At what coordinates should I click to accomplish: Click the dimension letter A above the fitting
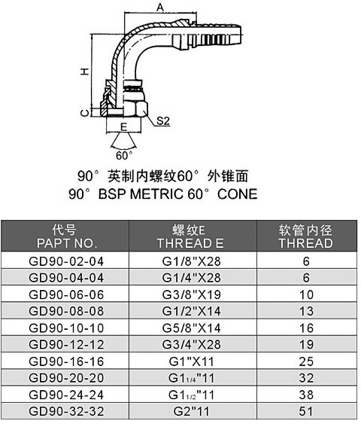pos(160,8)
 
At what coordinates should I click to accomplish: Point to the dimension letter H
pos(84,72)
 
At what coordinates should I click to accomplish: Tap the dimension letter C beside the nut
pos(85,113)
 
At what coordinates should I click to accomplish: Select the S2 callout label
pos(163,120)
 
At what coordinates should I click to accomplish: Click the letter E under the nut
pos(123,127)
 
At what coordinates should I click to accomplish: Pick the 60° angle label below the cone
pos(124,155)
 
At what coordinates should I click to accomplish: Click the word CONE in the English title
pos(238,194)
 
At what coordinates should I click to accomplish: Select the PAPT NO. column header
pos(67,243)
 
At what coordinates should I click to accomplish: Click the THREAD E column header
pos(190,243)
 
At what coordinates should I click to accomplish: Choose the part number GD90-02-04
pos(66,261)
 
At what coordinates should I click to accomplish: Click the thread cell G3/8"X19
pos(192,294)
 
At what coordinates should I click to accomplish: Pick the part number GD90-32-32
pos(66,411)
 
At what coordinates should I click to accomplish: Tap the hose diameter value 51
pos(306,411)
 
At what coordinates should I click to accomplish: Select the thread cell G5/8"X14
pos(192,328)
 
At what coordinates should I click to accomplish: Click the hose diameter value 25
pos(306,361)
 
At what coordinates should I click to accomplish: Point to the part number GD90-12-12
pos(66,344)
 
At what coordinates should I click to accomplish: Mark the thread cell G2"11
pos(192,411)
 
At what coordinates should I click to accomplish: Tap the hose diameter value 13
pos(306,311)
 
